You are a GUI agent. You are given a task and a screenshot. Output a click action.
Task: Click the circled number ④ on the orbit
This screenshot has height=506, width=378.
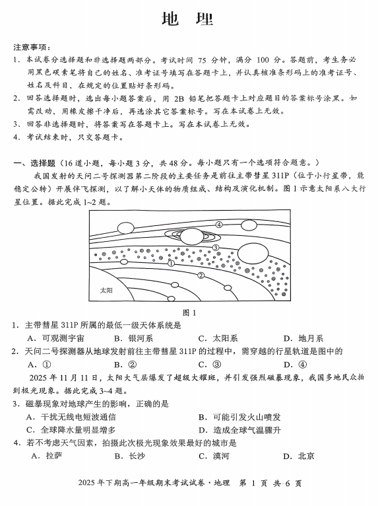point(218,225)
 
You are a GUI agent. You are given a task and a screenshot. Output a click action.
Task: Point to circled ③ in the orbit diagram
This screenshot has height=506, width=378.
point(216,248)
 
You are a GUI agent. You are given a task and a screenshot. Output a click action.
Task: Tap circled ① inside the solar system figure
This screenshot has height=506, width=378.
point(171,263)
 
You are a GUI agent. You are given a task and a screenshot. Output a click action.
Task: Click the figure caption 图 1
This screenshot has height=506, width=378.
point(189,312)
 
